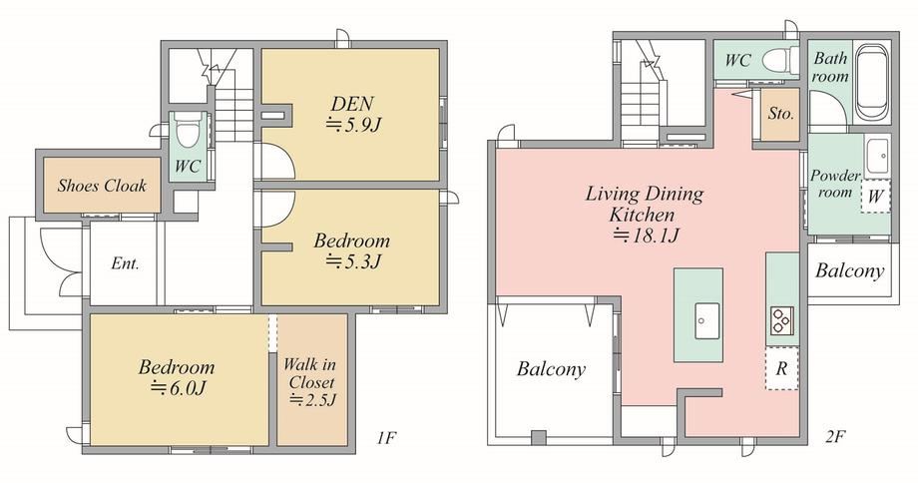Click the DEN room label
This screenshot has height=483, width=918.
pos(352,104)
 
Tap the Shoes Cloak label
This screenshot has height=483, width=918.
pos(102,187)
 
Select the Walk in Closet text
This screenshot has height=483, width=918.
pos(309,373)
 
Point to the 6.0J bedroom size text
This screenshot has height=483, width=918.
pos(178,387)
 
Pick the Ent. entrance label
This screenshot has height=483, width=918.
pos(126,263)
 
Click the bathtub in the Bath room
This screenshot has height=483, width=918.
pos(871,82)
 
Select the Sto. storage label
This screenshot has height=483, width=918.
pos(781,114)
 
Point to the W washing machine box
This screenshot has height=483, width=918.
pos(875,196)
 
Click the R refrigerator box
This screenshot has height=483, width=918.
pos(781,369)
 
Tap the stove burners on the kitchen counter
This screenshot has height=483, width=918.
pos(780,320)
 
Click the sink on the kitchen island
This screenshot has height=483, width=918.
pos(708,320)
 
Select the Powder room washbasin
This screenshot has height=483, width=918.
pos(877,156)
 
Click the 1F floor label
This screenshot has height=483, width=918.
pos(387,437)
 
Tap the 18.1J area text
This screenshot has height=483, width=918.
pos(646,236)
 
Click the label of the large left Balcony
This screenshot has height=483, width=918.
pos(551,369)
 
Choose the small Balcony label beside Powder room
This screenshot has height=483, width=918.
pos(849,270)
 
